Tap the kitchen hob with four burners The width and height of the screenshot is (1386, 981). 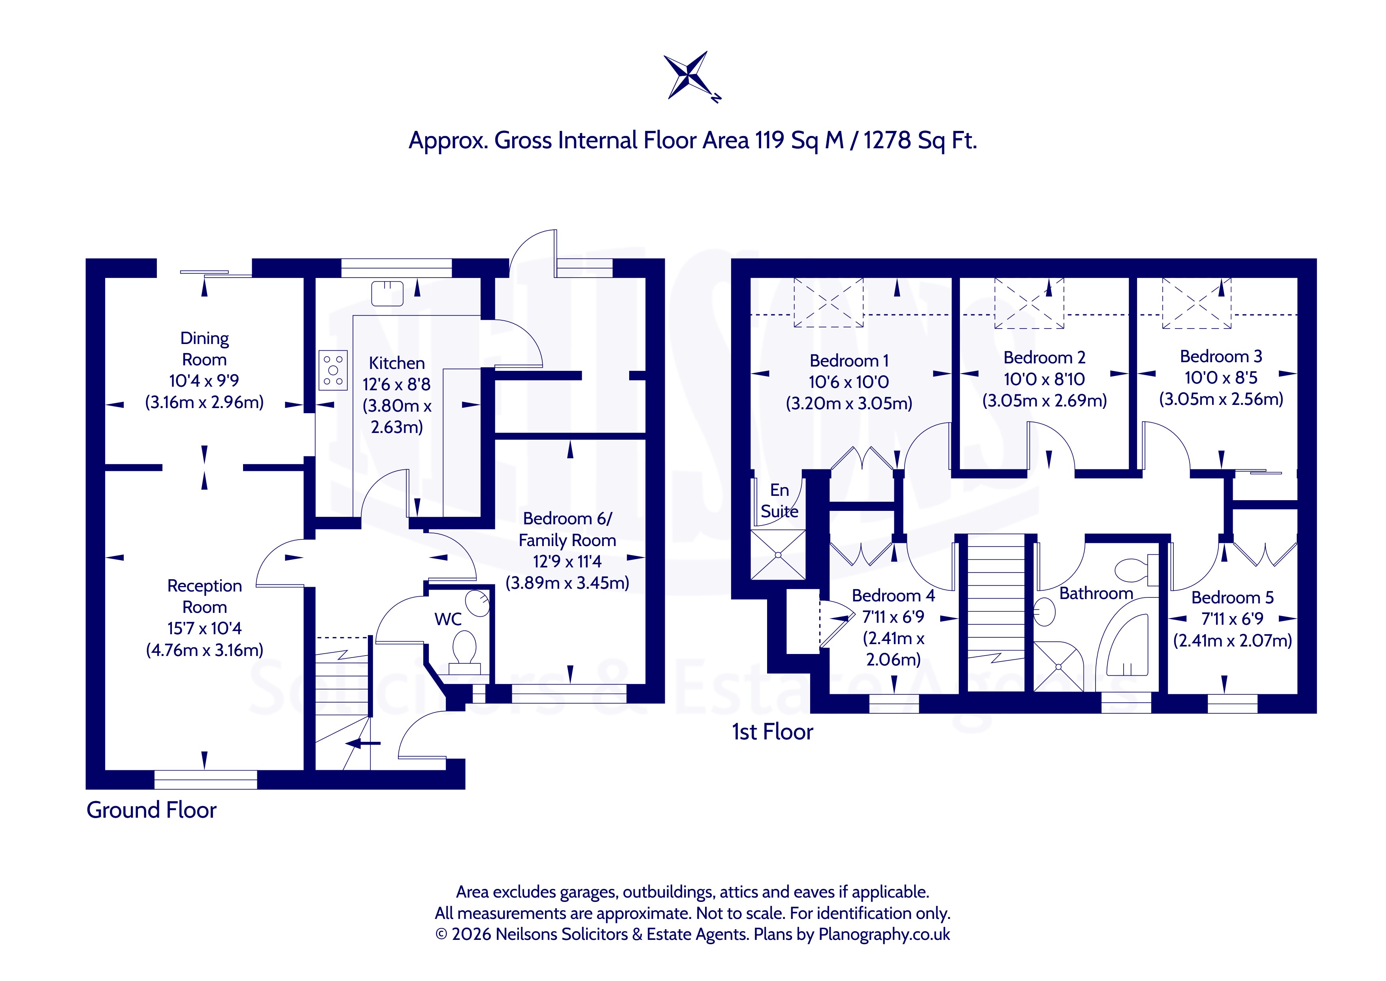coord(333,370)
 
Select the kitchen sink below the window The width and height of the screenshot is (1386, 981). coord(387,293)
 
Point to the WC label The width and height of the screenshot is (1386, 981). coord(448,619)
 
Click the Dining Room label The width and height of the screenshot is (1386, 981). coord(205,348)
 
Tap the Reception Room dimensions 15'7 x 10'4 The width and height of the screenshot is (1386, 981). coord(205,628)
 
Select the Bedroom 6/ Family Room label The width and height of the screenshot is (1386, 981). coord(568,529)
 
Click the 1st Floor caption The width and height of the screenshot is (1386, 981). coord(773,732)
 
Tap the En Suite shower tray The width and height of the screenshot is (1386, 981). coord(778,554)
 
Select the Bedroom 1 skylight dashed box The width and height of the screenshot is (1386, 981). coord(828,302)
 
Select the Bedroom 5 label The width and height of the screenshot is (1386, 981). coord(1233,597)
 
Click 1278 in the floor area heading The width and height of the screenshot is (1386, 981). coord(887,140)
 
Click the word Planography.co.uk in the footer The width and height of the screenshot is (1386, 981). coord(884,934)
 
